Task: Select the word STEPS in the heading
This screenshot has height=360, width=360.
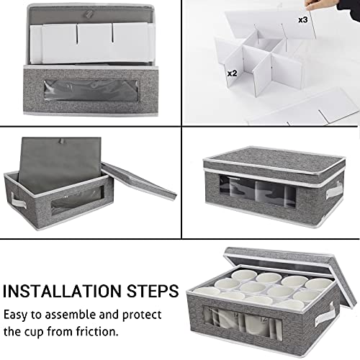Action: (x=153, y=292)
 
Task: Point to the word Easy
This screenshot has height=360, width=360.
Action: (x=20, y=315)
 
